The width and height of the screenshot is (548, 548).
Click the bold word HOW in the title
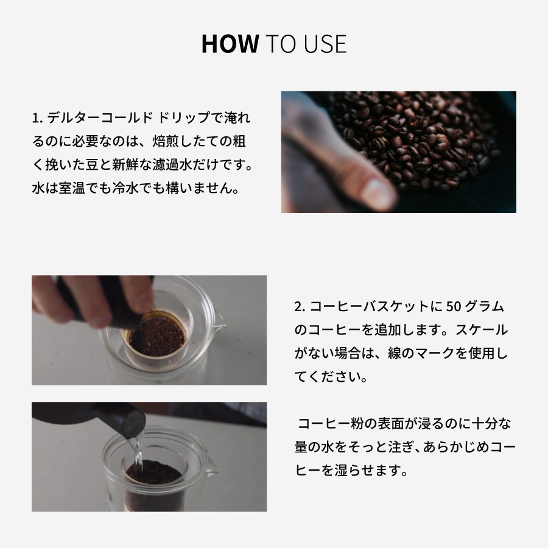(230, 44)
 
